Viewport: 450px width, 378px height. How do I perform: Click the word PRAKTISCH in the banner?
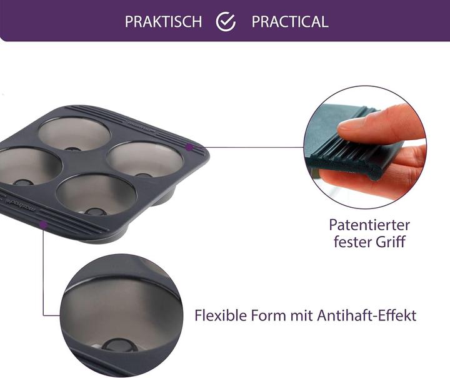point(163,21)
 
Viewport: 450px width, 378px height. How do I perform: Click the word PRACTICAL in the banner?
point(289,21)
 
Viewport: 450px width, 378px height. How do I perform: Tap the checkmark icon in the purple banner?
point(226,21)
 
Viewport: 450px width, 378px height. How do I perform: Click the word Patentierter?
point(369,225)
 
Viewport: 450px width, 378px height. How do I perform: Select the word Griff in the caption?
point(393,241)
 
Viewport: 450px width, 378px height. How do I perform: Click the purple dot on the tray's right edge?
point(189,147)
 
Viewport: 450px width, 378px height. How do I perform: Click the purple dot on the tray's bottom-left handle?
point(43,223)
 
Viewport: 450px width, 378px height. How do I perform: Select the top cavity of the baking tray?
point(74,133)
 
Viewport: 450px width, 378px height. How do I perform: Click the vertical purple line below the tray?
point(43,269)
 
